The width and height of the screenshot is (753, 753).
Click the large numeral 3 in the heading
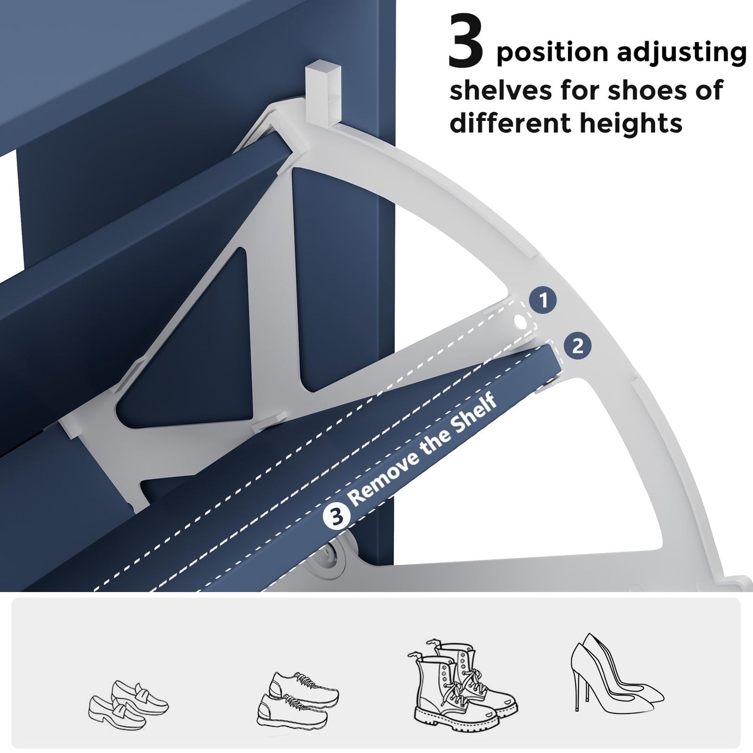pyautogui.click(x=466, y=40)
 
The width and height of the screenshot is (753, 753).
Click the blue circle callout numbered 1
pyautogui.click(x=543, y=301)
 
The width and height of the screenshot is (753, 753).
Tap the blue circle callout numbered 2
pyautogui.click(x=577, y=346)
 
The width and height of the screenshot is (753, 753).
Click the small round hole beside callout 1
pyautogui.click(x=520, y=322)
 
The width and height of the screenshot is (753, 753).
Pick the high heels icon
pyautogui.click(x=616, y=674)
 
